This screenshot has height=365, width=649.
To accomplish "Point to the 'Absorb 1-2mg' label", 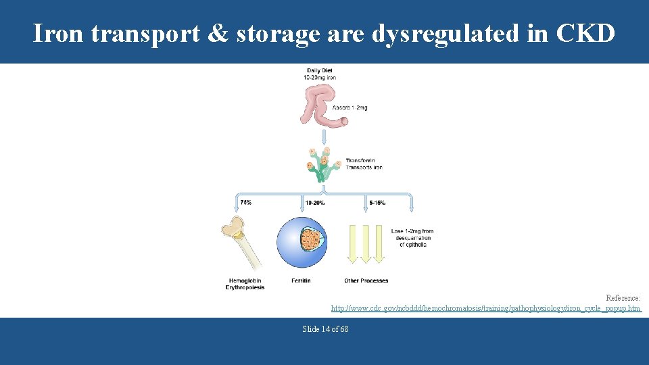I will click(350, 108).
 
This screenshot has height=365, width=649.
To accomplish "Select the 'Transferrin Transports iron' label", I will click(364, 164).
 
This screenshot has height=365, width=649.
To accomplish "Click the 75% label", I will click(245, 202).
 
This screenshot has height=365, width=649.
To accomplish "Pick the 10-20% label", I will click(314, 202).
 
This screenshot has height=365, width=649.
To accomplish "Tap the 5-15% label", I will click(377, 202).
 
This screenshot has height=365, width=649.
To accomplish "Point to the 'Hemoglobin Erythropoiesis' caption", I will click(245, 284).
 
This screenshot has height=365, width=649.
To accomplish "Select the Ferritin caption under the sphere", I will click(301, 281).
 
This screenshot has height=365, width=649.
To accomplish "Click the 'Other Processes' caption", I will click(366, 281).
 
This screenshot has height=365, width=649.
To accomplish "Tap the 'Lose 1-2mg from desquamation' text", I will click(412, 237).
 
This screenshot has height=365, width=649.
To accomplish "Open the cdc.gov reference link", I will click(485, 308).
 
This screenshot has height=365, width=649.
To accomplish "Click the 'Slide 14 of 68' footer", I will click(325, 329).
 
